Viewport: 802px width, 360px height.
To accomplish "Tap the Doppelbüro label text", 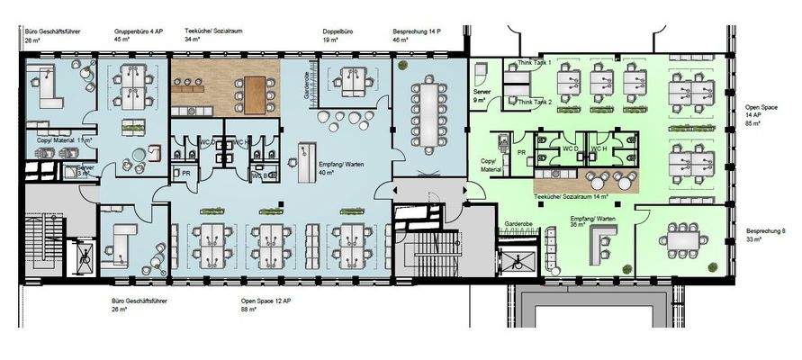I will click(x=338, y=31).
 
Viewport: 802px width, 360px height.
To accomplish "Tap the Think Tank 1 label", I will click(x=535, y=63).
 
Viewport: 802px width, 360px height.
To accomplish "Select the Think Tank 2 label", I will click(x=535, y=103).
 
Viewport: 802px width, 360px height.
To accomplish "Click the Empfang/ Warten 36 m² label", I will click(x=591, y=220).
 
